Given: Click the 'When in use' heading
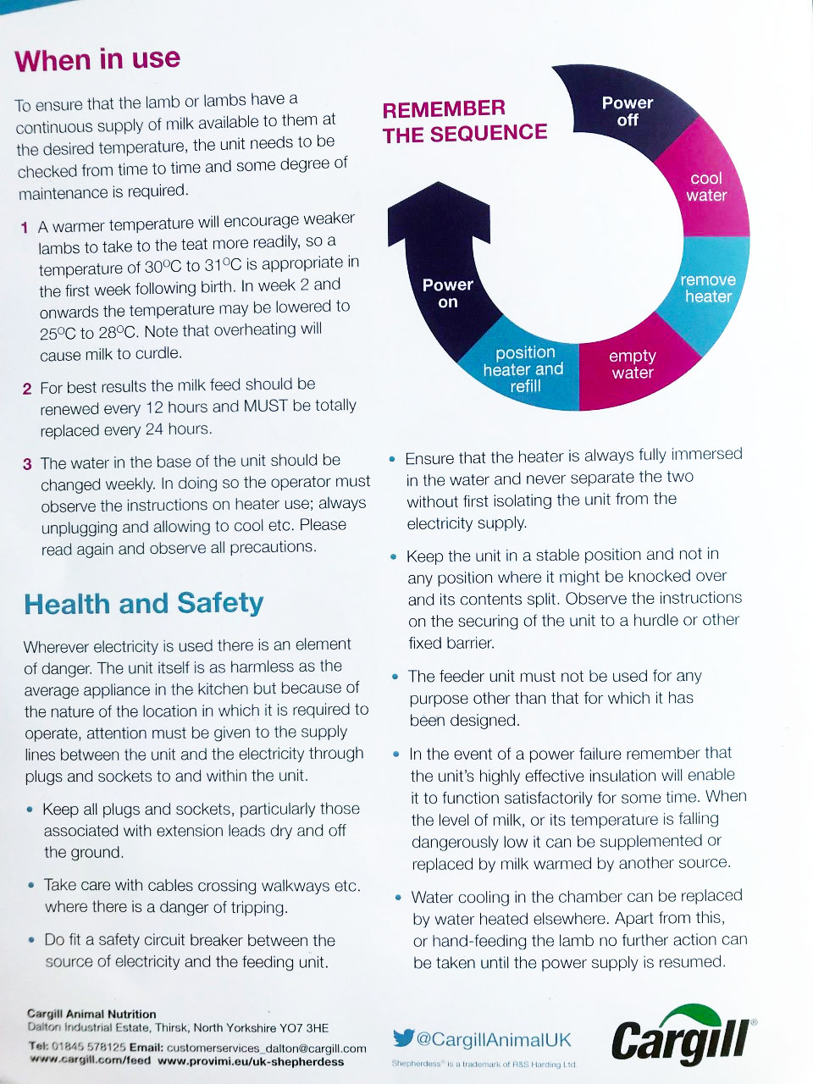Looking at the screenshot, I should (x=97, y=60).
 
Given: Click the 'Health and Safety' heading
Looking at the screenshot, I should (x=144, y=604).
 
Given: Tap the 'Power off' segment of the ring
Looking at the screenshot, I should (x=627, y=112).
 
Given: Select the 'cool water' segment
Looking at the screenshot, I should (x=706, y=187).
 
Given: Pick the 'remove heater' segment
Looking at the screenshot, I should (x=708, y=288).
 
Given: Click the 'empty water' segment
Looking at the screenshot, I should (x=633, y=364).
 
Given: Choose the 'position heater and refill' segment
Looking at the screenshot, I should (x=524, y=368).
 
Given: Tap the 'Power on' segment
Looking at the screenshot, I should (x=447, y=293).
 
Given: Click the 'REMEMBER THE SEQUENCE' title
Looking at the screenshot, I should (x=465, y=121).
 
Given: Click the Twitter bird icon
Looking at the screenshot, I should (x=403, y=1038).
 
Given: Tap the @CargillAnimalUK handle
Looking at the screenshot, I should (x=494, y=1039).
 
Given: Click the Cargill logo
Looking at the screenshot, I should (x=683, y=1036).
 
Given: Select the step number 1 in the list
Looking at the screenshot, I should (x=25, y=228).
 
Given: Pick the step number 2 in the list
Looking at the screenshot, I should (x=27, y=389).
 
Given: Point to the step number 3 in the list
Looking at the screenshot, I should (x=27, y=464).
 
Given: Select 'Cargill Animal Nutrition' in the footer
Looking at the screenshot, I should (x=91, y=1014).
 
